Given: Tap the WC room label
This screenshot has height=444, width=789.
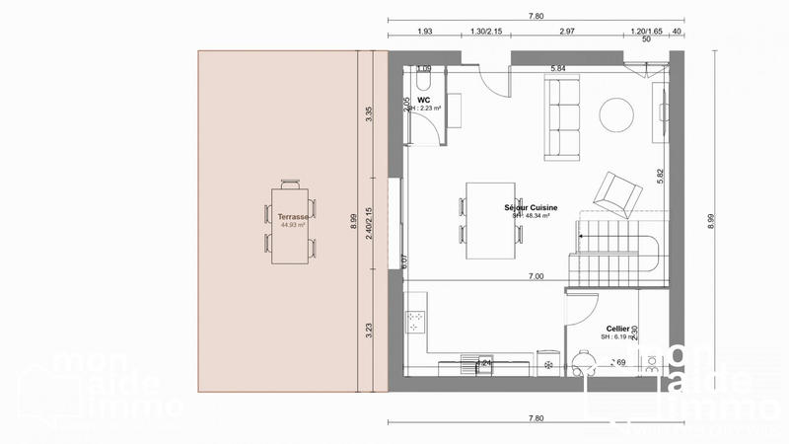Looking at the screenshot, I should (x=424, y=100).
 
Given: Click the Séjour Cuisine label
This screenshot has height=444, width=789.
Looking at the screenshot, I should (x=533, y=208).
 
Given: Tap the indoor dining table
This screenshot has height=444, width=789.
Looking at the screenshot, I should (x=489, y=220).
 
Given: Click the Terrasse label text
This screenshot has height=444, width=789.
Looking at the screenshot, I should (x=293, y=215).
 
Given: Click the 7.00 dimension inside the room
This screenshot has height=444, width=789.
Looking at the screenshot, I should (x=536, y=277).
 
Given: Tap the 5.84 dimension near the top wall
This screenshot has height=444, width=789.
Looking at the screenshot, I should (x=557, y=68).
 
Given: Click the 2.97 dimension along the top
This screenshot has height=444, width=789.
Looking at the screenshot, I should (x=566, y=33).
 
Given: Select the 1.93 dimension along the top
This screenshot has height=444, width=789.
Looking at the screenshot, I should (x=426, y=33).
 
